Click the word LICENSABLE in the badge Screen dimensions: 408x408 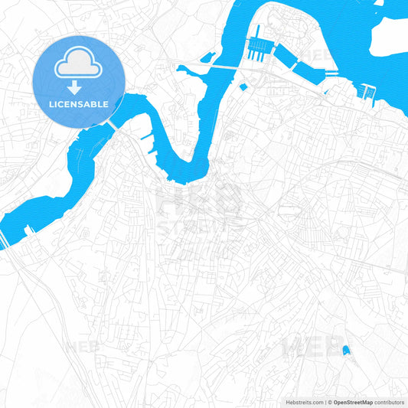tap(79, 103)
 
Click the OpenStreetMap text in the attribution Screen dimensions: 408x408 tap(353, 401)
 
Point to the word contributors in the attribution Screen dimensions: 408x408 tap(390, 401)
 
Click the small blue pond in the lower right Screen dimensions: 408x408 tap(346, 351)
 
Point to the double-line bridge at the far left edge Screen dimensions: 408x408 tap(4, 240)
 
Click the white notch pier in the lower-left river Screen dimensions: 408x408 tap(29, 228)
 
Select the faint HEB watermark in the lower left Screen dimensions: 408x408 tap(83, 347)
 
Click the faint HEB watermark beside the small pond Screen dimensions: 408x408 tap(302, 348)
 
